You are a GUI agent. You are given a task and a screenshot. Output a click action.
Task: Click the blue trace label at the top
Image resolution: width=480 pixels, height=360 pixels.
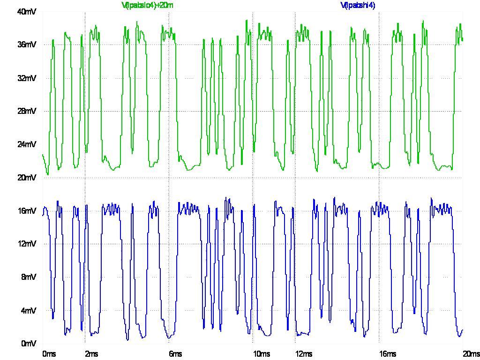tap(358, 5)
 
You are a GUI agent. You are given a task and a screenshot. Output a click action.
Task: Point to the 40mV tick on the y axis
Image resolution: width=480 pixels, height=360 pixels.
tap(27, 12)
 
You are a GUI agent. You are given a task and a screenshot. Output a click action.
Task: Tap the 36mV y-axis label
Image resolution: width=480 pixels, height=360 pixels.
tap(27, 45)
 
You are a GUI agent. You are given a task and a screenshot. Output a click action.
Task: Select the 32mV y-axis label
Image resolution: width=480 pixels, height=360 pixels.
tap(27, 78)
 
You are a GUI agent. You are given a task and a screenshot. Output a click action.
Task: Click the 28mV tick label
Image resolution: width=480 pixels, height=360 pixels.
tap(27, 111)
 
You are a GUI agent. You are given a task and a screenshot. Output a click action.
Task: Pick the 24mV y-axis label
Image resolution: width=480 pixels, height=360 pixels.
tap(27, 144)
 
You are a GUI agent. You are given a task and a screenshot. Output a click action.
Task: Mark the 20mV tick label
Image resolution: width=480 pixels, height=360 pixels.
tap(27, 178)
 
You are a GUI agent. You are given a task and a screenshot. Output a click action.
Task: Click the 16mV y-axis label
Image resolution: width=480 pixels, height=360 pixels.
tap(27, 211)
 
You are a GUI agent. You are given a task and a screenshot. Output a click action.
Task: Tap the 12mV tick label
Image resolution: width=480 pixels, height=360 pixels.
tap(27, 244)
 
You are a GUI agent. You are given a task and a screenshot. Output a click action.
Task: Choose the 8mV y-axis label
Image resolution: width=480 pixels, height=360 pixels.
tap(28, 277)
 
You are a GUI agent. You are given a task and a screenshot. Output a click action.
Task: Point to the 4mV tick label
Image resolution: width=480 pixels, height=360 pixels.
tap(28, 310)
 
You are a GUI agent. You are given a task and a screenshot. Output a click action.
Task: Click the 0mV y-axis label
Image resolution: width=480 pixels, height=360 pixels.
tap(28, 344)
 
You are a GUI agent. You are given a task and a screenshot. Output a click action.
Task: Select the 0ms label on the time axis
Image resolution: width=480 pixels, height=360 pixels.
tap(49, 354)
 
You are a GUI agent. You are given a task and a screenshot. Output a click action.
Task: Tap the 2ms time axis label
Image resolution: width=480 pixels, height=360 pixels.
tap(91, 354)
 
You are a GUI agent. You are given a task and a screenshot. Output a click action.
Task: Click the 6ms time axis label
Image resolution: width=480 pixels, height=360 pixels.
tap(175, 354)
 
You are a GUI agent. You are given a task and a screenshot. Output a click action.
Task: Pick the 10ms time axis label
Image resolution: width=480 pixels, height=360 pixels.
tap(262, 354)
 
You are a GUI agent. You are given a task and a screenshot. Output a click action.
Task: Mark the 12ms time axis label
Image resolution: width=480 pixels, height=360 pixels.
tap(304, 354)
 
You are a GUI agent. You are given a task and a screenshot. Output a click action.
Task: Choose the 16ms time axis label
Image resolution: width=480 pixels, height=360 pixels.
tap(388, 354)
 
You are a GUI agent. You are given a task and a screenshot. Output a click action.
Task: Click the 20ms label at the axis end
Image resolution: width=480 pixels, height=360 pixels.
tap(471, 354)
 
